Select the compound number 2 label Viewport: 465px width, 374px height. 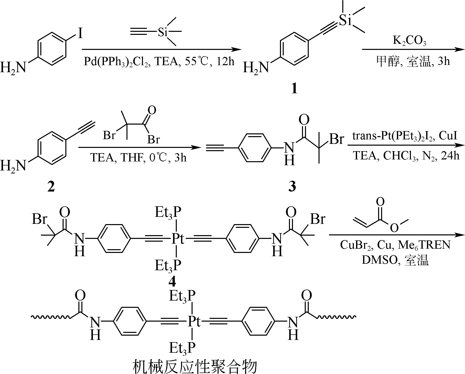click(x=51, y=187)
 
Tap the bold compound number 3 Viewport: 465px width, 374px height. click(x=292, y=186)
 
